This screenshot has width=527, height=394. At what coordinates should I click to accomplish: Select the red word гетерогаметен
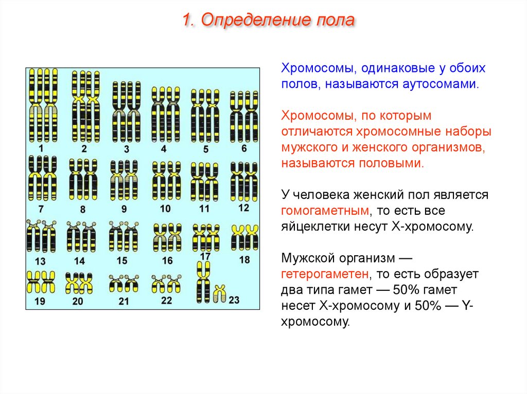(325, 274)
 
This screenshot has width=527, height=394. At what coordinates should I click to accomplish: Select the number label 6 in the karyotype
(244, 148)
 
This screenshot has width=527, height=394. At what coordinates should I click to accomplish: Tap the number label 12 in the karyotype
(243, 208)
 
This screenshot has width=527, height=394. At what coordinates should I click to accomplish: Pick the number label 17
(205, 256)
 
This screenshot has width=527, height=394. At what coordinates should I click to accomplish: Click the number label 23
(234, 299)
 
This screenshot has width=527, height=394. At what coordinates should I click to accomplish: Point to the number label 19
(40, 301)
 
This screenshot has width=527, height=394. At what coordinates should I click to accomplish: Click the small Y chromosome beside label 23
(220, 294)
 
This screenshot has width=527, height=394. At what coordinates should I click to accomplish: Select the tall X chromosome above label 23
(204, 282)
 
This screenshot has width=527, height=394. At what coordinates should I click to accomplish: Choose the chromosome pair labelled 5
(205, 116)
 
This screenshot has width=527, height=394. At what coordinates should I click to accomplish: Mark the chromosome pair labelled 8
(83, 180)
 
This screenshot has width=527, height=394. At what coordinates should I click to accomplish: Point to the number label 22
(166, 300)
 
